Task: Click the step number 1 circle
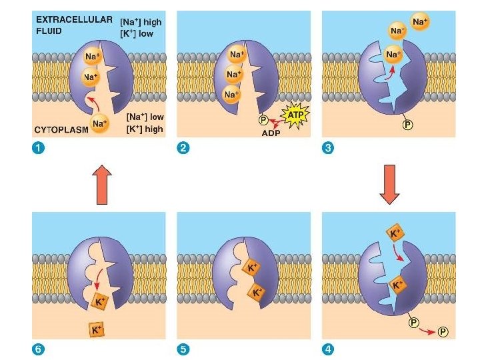coord(40,148)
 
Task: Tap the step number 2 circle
coord(183,148)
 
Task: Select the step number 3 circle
coord(327,148)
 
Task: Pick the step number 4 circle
coord(327,349)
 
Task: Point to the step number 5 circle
coord(183,349)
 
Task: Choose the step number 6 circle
coord(40,349)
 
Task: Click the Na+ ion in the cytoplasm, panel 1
coord(100,123)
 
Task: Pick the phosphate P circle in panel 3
coord(405,125)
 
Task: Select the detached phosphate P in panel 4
coord(443,331)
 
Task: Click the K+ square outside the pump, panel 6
coord(97,330)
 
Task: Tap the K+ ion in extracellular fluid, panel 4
coord(394,233)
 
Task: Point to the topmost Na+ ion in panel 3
coord(420,23)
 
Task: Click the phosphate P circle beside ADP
coord(264,121)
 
